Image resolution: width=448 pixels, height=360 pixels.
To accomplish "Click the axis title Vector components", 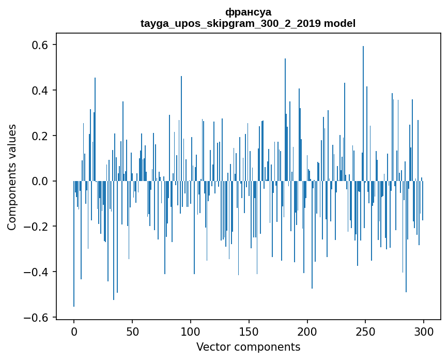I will tap(248, 347).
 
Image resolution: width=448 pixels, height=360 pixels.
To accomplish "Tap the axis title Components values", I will tap(12, 177).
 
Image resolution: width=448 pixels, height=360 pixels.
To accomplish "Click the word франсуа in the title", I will tap(248, 12).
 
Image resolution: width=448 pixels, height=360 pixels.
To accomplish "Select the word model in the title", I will tap(339, 23).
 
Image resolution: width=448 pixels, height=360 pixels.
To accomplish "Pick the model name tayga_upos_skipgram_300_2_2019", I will tap(230, 23).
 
